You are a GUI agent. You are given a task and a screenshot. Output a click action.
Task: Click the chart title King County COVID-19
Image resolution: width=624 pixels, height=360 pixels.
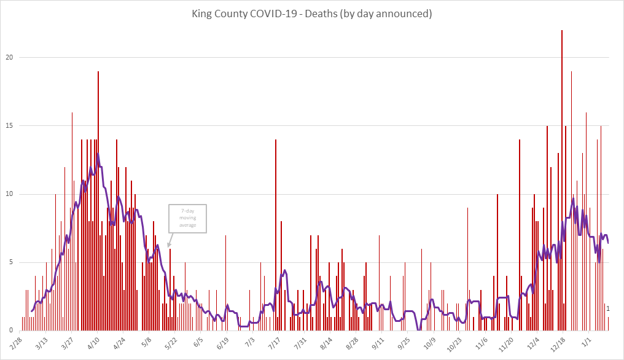tap(312, 14)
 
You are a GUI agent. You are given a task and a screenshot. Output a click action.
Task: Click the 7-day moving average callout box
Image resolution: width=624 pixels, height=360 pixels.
tap(188, 219)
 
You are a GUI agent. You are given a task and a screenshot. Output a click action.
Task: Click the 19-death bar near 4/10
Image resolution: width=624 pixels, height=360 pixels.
tap(98, 203)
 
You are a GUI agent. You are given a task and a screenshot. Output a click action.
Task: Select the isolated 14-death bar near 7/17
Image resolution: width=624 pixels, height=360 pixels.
tap(276, 233)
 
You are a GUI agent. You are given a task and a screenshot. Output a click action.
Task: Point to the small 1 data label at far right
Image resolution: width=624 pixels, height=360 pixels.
tap(608, 308)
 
